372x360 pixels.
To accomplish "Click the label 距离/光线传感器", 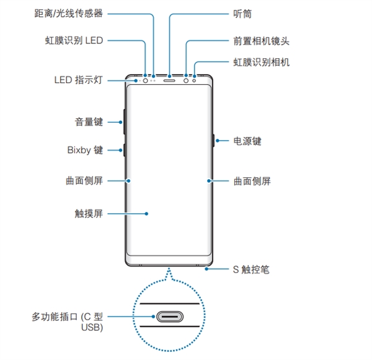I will (x=69, y=13).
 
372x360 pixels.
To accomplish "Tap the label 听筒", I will (x=243, y=13).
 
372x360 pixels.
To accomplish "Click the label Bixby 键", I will (x=85, y=151).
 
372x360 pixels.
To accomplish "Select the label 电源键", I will (x=247, y=141).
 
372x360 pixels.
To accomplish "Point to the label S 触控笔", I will (x=250, y=270).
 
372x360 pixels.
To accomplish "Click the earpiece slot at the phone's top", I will (x=169, y=80).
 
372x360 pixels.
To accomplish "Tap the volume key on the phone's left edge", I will (x=125, y=121).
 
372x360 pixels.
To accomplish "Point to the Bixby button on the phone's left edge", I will (x=125, y=150).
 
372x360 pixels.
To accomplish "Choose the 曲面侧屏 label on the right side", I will (x=252, y=181).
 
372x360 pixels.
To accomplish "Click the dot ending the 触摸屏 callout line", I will (x=147, y=214).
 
